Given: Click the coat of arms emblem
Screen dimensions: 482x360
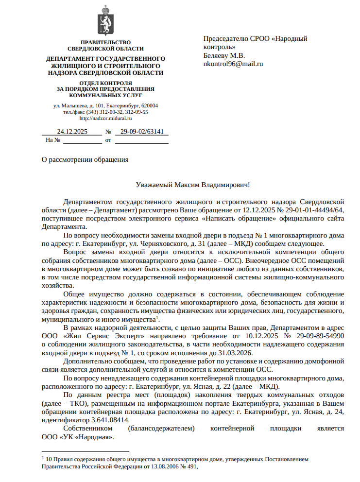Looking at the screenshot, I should (x=105, y=20).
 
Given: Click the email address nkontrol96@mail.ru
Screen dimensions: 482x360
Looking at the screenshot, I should (x=233, y=64).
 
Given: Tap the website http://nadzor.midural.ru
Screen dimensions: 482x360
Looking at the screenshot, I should (x=105, y=118).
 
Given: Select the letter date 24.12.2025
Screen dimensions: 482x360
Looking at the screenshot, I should (x=72, y=131).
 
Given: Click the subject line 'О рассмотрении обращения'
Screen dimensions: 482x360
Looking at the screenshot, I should (x=85, y=159).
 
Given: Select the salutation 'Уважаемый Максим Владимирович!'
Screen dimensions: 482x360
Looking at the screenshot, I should (x=193, y=185).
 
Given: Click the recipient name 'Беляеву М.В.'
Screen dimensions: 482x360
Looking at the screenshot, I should (x=224, y=55).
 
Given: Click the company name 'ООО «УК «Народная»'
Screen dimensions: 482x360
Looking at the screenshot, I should (x=78, y=437).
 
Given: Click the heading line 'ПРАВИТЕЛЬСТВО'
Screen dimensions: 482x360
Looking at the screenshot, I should (x=105, y=43).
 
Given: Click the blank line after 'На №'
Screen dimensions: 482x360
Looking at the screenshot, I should (x=83, y=140).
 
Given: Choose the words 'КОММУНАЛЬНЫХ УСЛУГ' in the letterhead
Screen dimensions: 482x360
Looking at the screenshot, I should (x=105, y=95).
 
